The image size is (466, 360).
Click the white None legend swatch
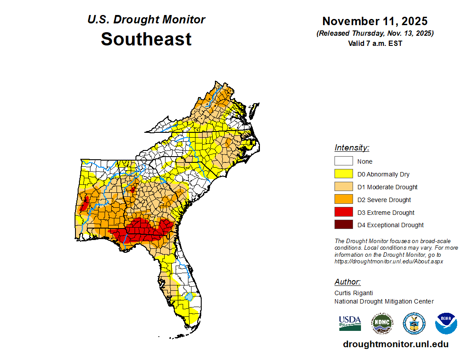(x=343, y=161)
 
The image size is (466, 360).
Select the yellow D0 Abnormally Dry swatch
(x=343, y=174)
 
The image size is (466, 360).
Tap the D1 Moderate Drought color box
(x=343, y=187)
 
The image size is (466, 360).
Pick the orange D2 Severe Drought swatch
(x=343, y=200)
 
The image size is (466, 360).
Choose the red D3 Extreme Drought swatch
(x=343, y=213)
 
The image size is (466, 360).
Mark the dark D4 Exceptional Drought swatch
(x=343, y=225)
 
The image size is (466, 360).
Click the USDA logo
(x=350, y=323)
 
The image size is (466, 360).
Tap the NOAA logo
(x=446, y=323)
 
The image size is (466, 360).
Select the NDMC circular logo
(x=382, y=323)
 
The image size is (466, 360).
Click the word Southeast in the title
(x=146, y=39)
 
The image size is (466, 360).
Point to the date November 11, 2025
(x=375, y=21)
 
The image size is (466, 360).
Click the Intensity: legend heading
(x=352, y=148)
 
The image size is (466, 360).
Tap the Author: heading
(x=347, y=282)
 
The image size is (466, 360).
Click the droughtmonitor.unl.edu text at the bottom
(x=395, y=345)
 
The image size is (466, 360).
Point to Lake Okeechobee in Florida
(x=189, y=296)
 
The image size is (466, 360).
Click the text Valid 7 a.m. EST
(x=375, y=43)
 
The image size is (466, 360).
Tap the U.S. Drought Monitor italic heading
(x=146, y=20)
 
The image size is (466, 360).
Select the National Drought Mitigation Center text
(x=384, y=301)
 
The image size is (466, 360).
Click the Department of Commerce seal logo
(x=414, y=323)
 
